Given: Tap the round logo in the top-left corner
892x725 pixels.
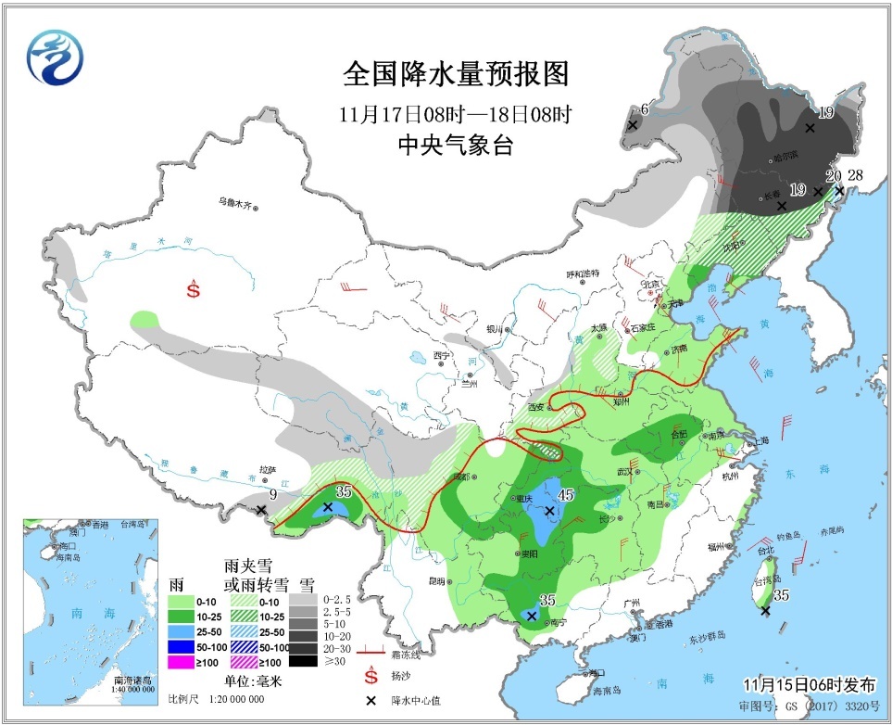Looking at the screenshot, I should (x=55, y=57).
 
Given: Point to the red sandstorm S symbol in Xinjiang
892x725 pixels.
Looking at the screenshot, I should (x=193, y=288).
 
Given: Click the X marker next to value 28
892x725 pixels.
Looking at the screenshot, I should (x=839, y=191).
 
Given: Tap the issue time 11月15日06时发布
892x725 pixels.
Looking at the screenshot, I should (x=809, y=685).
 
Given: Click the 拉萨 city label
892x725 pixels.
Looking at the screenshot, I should (x=269, y=470).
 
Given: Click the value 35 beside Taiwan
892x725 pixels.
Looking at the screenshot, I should (x=781, y=595).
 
